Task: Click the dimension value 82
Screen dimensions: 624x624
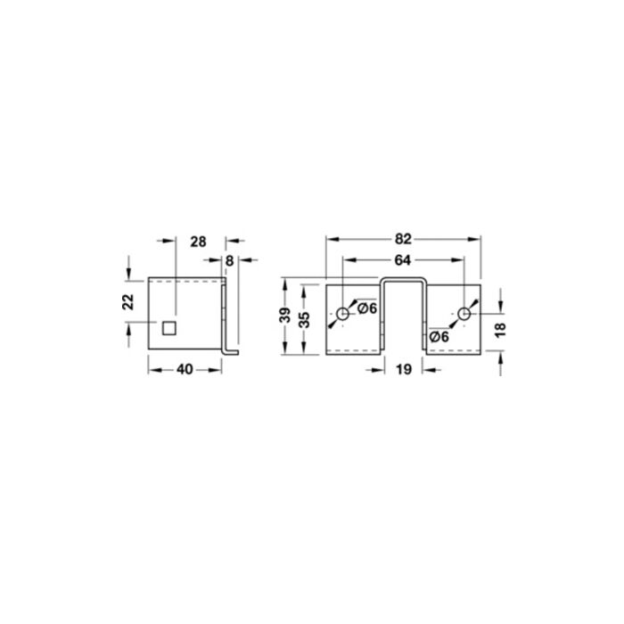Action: pos(403,239)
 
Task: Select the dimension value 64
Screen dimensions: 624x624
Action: pos(403,260)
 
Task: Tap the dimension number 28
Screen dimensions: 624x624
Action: pos(198,242)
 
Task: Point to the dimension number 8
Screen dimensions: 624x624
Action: pos(229,261)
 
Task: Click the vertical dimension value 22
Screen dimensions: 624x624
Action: pos(128,301)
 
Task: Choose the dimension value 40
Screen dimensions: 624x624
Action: pos(185,370)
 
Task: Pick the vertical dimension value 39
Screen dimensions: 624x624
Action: pos(284,316)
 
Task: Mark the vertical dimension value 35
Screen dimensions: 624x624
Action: pos(304,319)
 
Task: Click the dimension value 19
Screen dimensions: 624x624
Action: pos(404,370)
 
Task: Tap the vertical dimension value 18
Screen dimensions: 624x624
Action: pos(500,330)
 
